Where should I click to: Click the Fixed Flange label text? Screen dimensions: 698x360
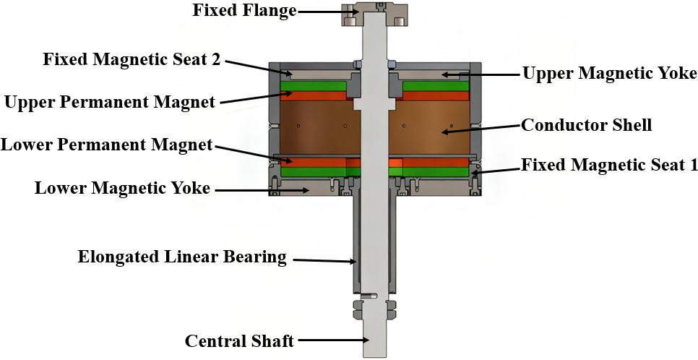pos(244,10)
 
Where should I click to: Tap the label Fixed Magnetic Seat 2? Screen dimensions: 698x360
pos(132,59)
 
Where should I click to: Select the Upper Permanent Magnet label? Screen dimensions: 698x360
pos(110,102)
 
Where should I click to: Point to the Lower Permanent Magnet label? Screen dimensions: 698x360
pos(107,145)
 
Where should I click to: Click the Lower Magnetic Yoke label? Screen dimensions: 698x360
pos(122,188)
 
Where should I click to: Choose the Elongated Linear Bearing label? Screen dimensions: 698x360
pos(182,257)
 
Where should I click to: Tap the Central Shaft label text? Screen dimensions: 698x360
pos(239,341)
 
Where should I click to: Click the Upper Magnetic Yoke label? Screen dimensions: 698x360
pos(609,74)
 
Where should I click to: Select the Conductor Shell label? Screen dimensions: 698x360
pos(587,125)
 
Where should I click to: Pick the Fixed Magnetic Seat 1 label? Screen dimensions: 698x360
pos(609,166)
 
